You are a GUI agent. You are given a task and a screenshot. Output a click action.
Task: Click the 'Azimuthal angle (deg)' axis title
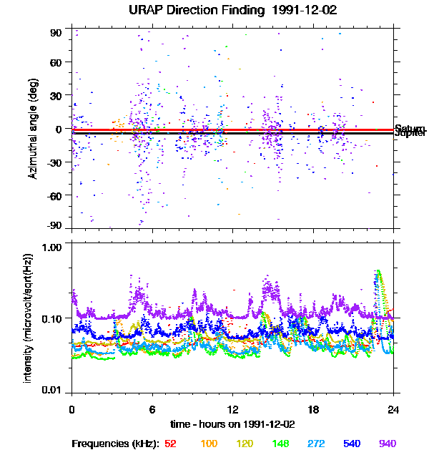(x=32, y=128)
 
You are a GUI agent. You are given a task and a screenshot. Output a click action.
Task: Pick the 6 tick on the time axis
(x=152, y=409)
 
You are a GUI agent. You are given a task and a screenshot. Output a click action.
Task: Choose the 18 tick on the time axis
(x=312, y=409)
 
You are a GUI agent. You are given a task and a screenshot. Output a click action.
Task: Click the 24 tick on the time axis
(x=393, y=409)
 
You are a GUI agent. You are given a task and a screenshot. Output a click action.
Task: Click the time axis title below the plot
(x=232, y=424)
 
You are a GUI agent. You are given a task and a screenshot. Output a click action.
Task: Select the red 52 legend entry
(x=171, y=444)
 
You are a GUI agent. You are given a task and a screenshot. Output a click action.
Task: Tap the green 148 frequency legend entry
(x=280, y=444)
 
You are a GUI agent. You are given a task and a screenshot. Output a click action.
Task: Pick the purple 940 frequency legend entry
(x=388, y=444)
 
